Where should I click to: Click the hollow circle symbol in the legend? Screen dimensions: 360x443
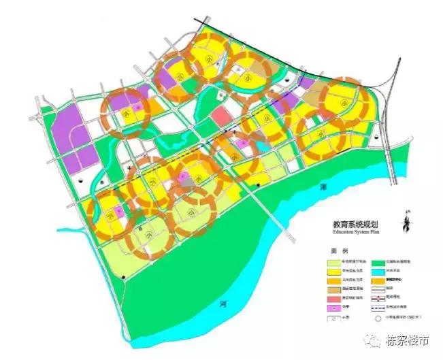[x=376, y=316]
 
